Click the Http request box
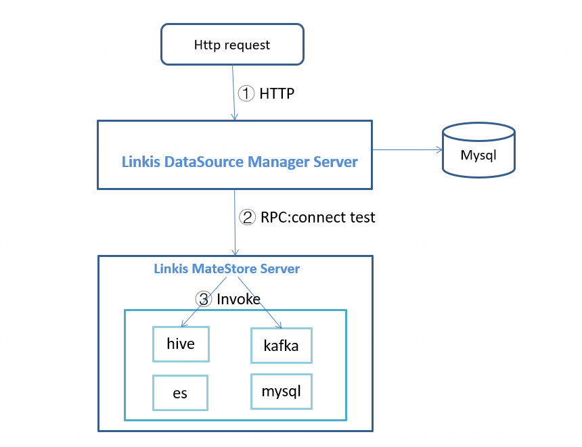(231, 45)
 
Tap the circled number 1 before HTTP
(247, 93)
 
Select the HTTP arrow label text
(277, 94)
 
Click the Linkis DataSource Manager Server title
(240, 162)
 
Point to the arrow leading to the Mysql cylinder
(406, 149)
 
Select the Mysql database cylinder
(478, 151)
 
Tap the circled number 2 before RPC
(248, 217)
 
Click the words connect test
(334, 217)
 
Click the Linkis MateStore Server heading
(227, 268)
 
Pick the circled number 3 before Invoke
(203, 298)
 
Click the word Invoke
(238, 298)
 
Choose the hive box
(181, 344)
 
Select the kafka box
(281, 348)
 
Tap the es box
(180, 393)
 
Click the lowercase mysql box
(281, 391)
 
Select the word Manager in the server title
(277, 162)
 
